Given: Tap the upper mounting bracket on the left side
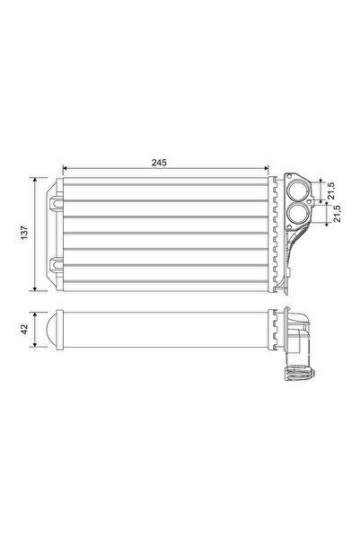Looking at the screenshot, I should [x=57, y=203].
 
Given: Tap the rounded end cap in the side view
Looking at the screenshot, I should [x=53, y=332].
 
